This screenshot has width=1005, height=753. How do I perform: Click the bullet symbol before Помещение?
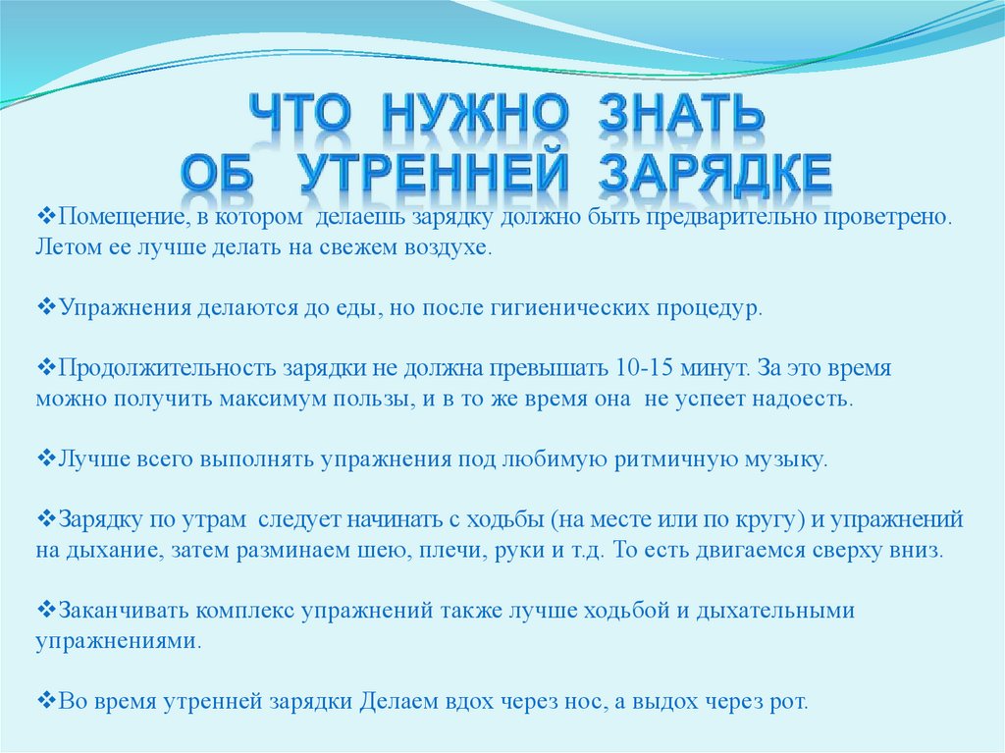[x=44, y=215]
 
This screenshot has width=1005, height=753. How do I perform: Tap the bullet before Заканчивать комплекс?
[x=44, y=611]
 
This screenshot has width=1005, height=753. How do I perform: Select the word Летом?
[x=68, y=245]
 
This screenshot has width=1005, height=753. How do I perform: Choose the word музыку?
[x=782, y=459]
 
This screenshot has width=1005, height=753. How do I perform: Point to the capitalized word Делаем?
[x=399, y=702]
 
